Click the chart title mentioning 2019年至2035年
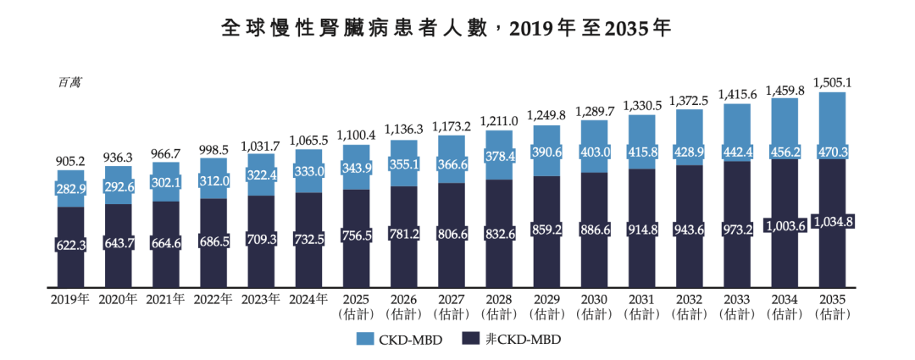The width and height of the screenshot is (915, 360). tap(446, 28)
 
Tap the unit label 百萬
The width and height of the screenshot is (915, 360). tap(69, 83)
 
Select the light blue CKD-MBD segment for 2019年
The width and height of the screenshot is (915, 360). tap(70, 188)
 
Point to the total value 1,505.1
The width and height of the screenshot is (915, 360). tap(832, 82)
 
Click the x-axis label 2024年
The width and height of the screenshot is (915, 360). tap(308, 299)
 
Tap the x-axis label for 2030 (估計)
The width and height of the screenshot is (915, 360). tap(594, 306)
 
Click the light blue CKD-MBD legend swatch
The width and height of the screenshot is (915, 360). tap(367, 339)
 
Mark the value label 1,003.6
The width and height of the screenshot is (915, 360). tap(785, 225)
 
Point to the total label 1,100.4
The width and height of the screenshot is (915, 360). tap(356, 135)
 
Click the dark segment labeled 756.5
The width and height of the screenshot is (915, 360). tap(356, 236)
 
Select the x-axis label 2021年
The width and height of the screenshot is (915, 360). tap(165, 299)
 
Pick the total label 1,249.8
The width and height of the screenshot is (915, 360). tap(546, 115)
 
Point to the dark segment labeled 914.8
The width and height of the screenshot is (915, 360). tap(641, 229)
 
